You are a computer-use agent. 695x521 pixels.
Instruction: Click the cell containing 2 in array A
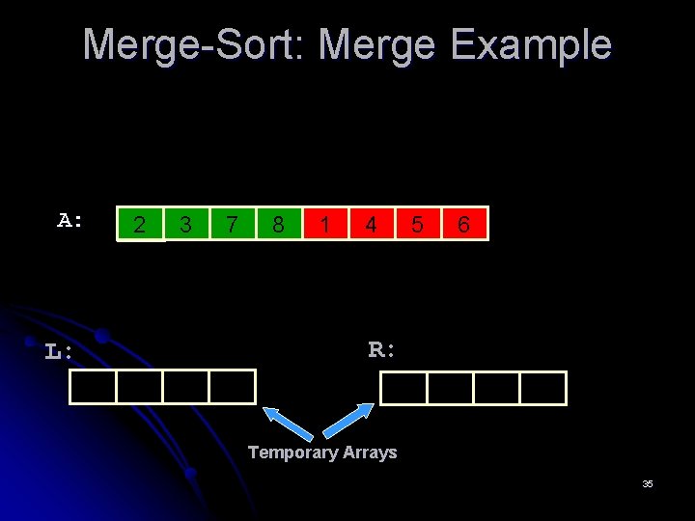[x=141, y=224]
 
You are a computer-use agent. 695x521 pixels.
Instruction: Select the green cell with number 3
[x=187, y=224]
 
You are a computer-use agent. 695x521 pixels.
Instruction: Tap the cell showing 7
[x=233, y=224]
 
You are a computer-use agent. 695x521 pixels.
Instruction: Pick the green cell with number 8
[x=279, y=224]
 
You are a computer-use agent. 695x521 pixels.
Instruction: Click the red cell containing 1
[x=325, y=224]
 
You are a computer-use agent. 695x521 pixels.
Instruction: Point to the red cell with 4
[x=372, y=224]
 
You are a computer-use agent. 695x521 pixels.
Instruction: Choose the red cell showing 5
[x=418, y=224]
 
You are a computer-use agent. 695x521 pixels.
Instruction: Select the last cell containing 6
[x=464, y=224]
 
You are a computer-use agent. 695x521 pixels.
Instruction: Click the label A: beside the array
[x=70, y=220]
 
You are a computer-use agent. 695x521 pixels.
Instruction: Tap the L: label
[x=59, y=351]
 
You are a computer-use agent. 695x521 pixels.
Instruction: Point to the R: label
[x=382, y=349]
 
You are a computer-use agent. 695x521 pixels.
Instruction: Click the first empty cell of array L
[x=93, y=387]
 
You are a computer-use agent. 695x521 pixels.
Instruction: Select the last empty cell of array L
[x=233, y=387]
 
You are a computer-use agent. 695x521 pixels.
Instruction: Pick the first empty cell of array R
[x=403, y=387]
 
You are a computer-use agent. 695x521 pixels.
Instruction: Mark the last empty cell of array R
[x=543, y=387]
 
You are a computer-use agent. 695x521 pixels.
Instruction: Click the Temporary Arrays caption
[x=322, y=452]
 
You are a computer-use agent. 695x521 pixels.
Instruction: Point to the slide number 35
[x=648, y=483]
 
